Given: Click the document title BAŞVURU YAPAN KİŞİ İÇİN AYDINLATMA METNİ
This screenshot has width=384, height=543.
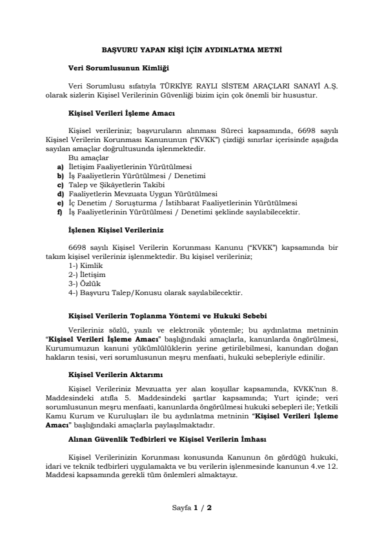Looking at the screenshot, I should pos(192,49).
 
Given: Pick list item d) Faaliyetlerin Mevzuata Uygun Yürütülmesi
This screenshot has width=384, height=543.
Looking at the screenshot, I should pos(143,194).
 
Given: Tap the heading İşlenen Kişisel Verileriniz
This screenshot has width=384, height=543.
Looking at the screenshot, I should pos(116,229).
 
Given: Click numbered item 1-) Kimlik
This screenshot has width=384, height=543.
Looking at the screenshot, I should pos(86,265).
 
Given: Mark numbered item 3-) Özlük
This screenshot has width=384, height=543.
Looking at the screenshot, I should pos(84,283).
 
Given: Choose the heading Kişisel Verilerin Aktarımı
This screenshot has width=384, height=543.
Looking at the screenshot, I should pos(116,374).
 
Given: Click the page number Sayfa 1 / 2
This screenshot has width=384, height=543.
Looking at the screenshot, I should pos(192,507).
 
